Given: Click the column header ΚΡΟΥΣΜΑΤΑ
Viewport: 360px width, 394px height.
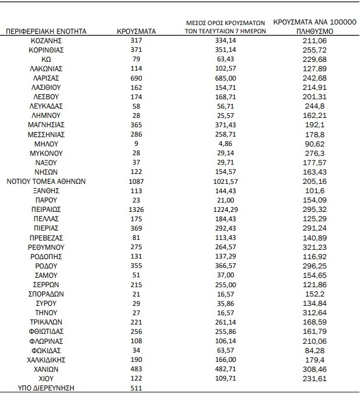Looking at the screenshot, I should (x=136, y=31).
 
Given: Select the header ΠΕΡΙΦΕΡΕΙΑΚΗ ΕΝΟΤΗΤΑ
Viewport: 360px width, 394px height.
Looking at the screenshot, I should (x=46, y=31).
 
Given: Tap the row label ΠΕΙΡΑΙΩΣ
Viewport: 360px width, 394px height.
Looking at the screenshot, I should (x=46, y=208).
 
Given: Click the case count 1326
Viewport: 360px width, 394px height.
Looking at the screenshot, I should (x=136, y=208).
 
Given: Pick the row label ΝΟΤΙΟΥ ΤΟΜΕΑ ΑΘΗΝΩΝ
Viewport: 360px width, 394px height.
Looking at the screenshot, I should (x=46, y=181).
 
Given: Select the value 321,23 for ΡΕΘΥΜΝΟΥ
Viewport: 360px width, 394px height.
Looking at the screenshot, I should (x=314, y=246).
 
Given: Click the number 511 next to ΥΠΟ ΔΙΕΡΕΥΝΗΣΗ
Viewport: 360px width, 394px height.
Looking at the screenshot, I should (x=136, y=388).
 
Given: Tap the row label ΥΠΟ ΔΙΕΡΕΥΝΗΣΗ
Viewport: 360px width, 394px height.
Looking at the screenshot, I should (x=46, y=388).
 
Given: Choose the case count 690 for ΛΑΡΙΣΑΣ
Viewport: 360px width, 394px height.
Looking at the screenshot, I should (x=136, y=78).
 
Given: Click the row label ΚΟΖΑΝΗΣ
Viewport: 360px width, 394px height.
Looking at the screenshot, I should (x=46, y=40).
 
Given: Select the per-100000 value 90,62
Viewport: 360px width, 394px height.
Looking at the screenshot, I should (x=314, y=143).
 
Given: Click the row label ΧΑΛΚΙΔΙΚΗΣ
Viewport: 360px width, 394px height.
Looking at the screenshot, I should (x=46, y=359).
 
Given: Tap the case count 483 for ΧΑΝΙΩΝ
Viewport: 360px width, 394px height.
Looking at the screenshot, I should (x=136, y=369).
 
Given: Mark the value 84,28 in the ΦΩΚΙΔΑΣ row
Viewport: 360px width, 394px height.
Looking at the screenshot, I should (x=314, y=350).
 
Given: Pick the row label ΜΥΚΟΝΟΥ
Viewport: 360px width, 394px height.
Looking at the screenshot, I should (x=46, y=152).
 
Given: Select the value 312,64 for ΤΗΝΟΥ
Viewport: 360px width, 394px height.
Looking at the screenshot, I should (x=314, y=312).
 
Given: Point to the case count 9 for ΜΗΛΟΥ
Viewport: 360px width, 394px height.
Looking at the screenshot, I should (x=136, y=143).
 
